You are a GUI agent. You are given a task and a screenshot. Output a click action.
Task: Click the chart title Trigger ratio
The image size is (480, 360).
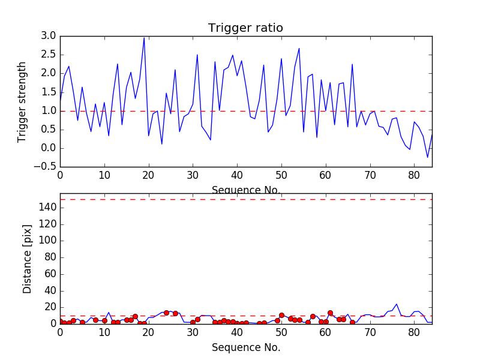245,28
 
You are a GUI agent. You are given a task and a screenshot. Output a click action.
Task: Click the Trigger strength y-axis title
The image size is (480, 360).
22,101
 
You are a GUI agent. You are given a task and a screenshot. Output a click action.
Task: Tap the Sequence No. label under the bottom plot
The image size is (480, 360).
246,347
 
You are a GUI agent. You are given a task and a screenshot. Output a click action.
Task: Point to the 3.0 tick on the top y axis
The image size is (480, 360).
49,36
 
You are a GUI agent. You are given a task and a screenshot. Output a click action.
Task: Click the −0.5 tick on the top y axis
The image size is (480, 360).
46,167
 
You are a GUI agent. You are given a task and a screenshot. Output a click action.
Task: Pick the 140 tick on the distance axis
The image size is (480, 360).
47,208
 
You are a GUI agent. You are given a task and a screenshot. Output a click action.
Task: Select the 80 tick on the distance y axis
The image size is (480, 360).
50,257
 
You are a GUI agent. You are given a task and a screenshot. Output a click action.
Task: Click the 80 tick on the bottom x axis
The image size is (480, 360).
414,333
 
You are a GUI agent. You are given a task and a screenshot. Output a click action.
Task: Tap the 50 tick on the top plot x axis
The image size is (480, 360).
281,176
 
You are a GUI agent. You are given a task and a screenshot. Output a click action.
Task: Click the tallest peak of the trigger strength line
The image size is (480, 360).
144,37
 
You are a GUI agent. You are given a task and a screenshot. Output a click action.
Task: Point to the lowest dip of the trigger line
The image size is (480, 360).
428,157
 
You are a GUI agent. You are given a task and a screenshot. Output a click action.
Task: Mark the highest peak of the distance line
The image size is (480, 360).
397,304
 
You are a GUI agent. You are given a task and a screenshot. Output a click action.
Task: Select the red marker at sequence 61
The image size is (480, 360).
330,313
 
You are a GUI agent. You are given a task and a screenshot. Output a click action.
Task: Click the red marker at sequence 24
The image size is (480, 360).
166,313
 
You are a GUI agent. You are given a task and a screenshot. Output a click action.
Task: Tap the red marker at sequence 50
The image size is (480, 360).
281,315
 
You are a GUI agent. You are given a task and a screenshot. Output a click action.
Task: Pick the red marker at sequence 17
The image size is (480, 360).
135,316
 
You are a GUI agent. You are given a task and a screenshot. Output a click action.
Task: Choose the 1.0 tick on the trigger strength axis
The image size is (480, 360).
49,111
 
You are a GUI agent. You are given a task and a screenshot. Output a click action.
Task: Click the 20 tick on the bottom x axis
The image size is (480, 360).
148,333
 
